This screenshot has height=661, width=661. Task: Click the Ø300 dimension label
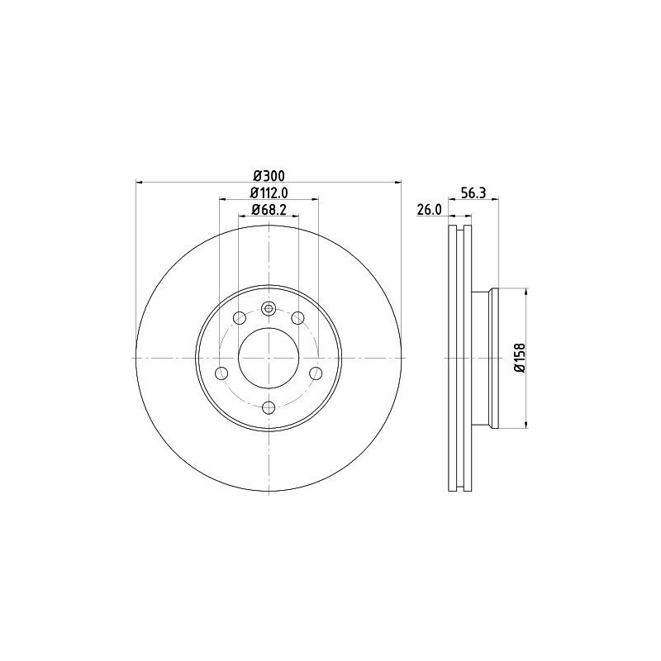pos(268,175)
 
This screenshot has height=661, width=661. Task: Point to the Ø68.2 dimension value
pos(268,210)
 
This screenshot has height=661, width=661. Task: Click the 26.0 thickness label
pos(428,210)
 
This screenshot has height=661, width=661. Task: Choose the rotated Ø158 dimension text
pos(518,358)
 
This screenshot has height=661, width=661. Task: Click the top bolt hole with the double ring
pos(268,309)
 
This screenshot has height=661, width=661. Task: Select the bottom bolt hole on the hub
pos(268,407)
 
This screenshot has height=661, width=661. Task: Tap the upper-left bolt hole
pos(240,317)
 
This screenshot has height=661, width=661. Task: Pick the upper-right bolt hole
pos(296,317)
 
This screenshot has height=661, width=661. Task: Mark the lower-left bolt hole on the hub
pos(221,373)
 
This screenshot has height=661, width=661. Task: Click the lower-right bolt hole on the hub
pos(315,373)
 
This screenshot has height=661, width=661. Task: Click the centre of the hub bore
pos(268,358)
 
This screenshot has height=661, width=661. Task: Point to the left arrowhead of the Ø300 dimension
pos(138,182)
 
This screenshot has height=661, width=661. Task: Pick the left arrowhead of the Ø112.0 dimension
pos(222,199)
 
